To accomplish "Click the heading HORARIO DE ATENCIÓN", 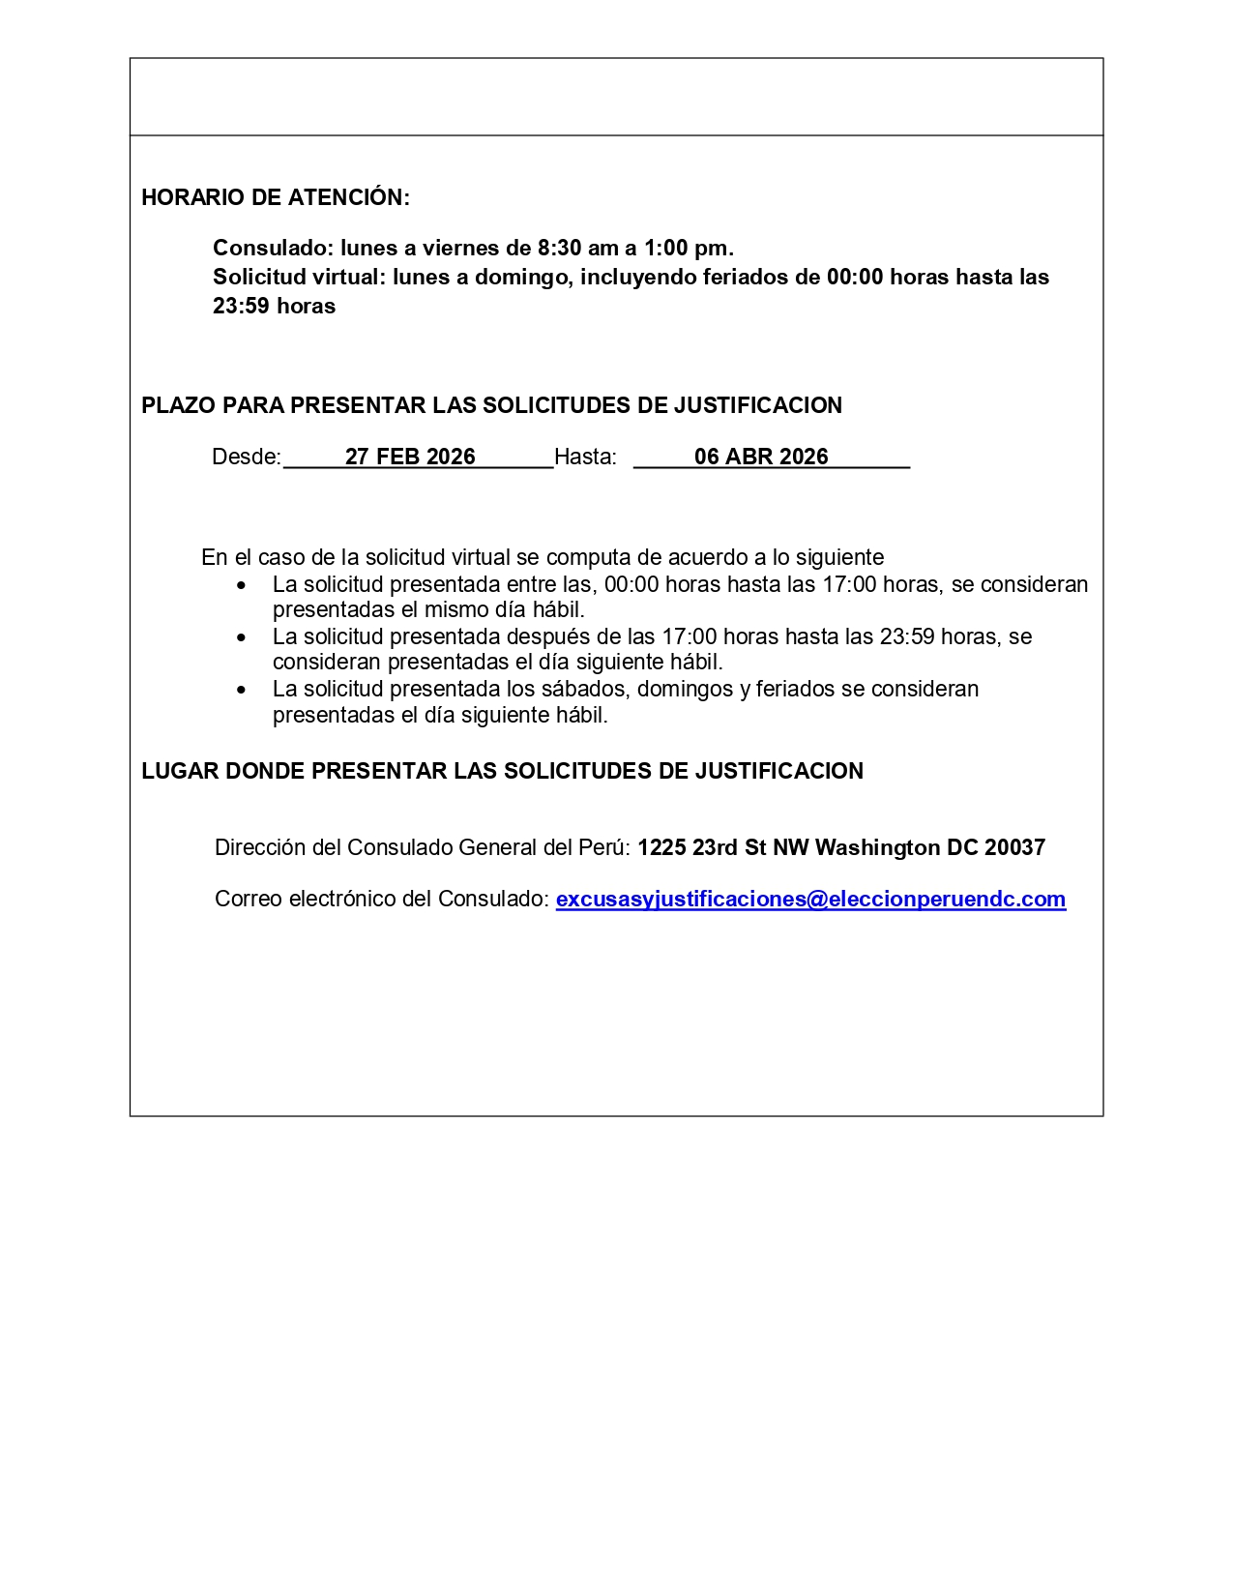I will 276,197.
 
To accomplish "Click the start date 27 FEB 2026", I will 410,457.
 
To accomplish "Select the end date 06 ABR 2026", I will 761,457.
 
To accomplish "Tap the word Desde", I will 246,457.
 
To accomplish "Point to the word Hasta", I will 585,457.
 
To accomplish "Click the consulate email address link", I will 810,899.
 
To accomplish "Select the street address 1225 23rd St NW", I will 723,847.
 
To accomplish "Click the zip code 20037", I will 1014,847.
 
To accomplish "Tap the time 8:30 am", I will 577,248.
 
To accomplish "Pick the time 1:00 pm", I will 689,248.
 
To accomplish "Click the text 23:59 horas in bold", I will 275,306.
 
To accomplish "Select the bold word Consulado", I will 273,248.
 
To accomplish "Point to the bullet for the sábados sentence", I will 242,690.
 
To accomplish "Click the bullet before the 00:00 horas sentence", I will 242,585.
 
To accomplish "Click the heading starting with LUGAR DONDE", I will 502,771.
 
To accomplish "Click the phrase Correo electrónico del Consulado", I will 381,899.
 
